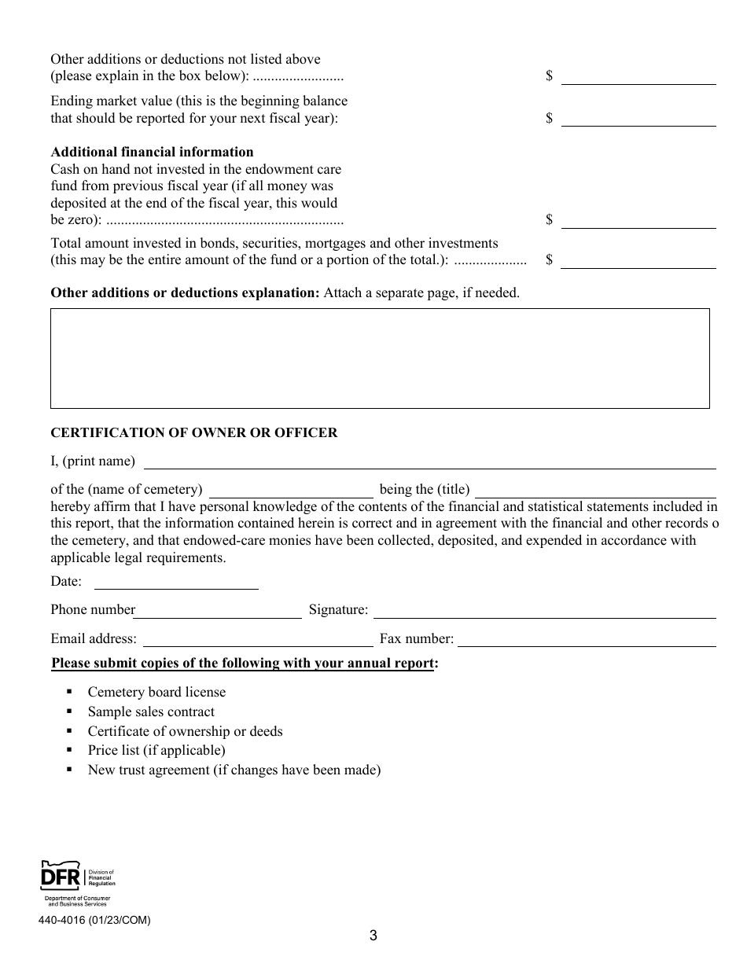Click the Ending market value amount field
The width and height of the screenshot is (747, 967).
tap(638, 119)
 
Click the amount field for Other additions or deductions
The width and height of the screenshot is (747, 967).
tap(638, 76)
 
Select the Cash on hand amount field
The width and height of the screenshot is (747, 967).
tap(638, 220)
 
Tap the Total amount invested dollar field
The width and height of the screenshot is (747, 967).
tap(638, 260)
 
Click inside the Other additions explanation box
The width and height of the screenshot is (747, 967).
tap(380, 358)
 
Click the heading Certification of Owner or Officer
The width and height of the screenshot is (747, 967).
tap(193, 432)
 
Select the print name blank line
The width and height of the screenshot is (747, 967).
tap(429, 461)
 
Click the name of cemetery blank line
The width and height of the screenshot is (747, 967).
tap(290, 489)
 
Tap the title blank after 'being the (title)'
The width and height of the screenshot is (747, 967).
tap(595, 489)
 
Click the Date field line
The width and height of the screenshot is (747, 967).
tap(176, 582)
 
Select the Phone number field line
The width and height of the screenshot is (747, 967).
tap(218, 610)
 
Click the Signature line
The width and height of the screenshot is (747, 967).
tap(543, 610)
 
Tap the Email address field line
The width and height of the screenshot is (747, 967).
tap(257, 639)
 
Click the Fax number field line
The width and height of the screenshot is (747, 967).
tap(587, 639)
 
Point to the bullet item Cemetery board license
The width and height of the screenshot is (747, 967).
tap(156, 692)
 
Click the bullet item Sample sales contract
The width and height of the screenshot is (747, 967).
tap(151, 711)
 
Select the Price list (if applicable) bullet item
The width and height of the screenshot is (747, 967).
tap(156, 750)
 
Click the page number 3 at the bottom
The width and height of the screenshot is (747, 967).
tap(373, 936)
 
